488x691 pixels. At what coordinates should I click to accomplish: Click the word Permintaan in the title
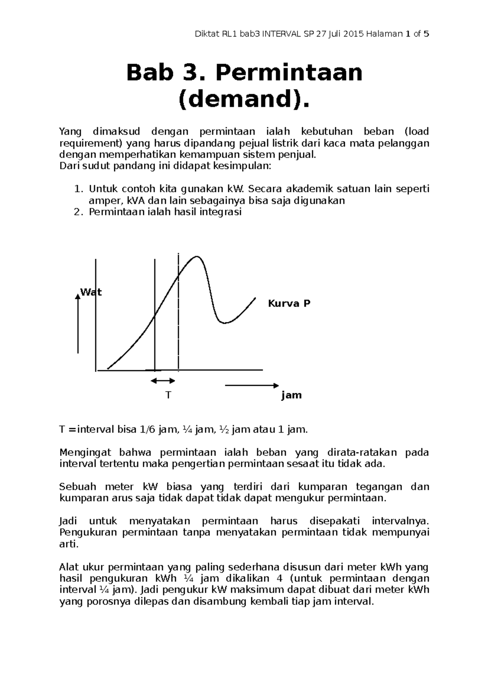click(289, 73)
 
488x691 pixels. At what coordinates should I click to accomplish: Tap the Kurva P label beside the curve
click(289, 304)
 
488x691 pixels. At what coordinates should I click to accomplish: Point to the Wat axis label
click(91, 292)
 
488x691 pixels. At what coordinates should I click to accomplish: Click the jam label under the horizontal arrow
click(291, 395)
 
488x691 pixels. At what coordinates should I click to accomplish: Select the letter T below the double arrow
click(168, 395)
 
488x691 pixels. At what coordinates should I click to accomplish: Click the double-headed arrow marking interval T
click(163, 381)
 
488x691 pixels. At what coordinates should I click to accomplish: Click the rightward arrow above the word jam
click(252, 385)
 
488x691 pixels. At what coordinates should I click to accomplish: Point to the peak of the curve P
click(197, 257)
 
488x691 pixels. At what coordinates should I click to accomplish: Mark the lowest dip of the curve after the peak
click(224, 323)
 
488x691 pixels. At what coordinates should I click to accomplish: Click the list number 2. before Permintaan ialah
click(79, 212)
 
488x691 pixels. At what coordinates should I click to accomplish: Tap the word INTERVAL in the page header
click(281, 34)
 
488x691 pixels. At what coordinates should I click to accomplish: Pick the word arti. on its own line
click(68, 544)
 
